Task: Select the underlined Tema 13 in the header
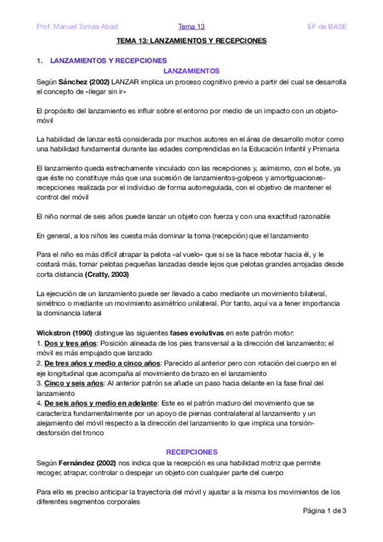pyautogui.click(x=191, y=26)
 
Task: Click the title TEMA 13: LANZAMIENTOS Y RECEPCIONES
pyautogui.click(x=191, y=41)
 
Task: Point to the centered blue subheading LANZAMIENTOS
pyautogui.click(x=192, y=71)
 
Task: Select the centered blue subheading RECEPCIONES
pyautogui.click(x=192, y=451)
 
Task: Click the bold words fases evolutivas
pyautogui.click(x=196, y=334)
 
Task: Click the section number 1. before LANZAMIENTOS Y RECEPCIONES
pyautogui.click(x=40, y=61)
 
